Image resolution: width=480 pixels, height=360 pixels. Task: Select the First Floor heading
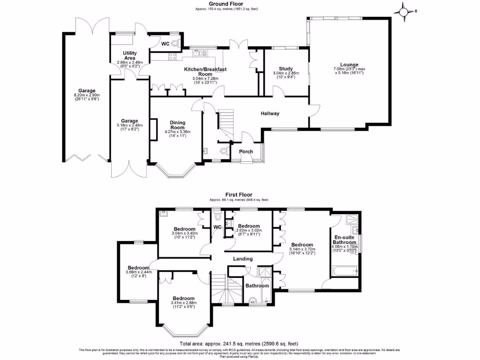click(239, 195)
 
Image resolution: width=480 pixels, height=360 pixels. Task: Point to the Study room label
click(285, 68)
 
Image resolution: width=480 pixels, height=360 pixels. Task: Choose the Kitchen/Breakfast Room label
click(205, 72)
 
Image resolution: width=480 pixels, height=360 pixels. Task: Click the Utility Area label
click(129, 56)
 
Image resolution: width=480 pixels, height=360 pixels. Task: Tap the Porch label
click(246, 151)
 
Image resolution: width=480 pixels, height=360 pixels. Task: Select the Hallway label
click(270, 113)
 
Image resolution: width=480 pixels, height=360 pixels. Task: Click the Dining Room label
click(177, 125)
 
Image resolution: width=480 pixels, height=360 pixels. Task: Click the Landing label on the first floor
click(243, 259)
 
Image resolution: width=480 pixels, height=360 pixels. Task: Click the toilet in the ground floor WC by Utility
click(175, 44)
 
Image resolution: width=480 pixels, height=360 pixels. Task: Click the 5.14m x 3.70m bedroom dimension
click(302, 251)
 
